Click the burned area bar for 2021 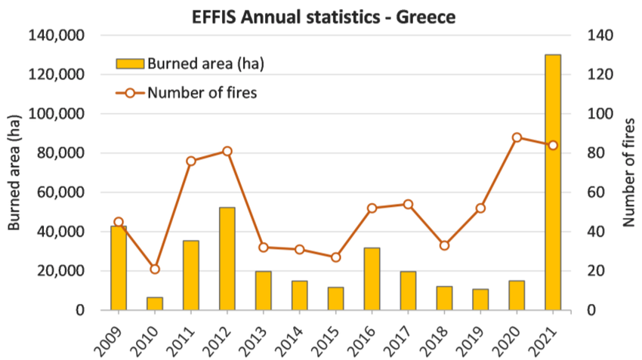[553, 182]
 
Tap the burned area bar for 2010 [155, 303]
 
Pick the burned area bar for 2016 [372, 278]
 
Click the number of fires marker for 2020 [517, 137]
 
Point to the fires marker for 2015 [335, 257]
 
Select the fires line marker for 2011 [191, 161]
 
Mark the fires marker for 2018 [444, 245]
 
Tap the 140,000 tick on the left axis [57, 35]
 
